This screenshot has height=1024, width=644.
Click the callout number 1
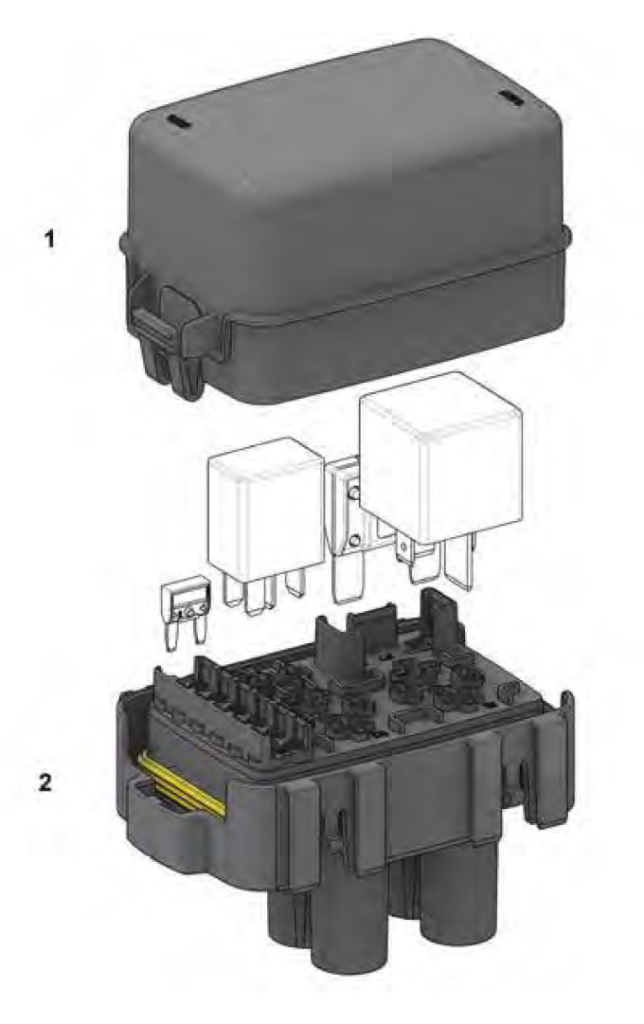49,240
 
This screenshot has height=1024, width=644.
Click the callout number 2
45,782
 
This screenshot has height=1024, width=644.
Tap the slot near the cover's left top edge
177,122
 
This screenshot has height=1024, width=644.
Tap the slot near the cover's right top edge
510,98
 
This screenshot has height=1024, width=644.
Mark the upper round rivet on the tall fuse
354,494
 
